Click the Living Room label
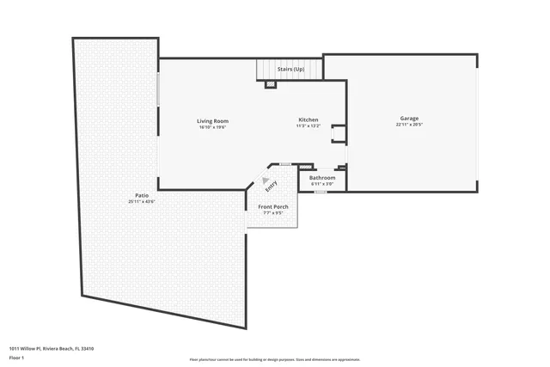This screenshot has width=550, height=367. pyautogui.click(x=213, y=120)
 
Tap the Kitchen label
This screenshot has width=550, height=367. pyautogui.click(x=309, y=119)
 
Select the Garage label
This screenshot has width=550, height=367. pyautogui.click(x=409, y=118)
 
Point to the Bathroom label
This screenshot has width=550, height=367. pyautogui.click(x=322, y=177)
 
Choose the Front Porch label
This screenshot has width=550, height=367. pyautogui.click(x=272, y=207)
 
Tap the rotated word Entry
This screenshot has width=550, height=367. pyautogui.click(x=272, y=186)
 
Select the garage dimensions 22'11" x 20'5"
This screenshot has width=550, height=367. pyautogui.click(x=409, y=125)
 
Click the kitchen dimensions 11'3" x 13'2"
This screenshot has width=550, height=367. pyautogui.click(x=309, y=125)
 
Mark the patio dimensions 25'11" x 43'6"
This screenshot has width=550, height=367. pyautogui.click(x=142, y=202)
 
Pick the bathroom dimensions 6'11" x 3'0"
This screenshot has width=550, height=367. pyautogui.click(x=322, y=183)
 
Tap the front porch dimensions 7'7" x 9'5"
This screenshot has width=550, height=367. pyautogui.click(x=272, y=213)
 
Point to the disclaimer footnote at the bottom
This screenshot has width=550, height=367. pyautogui.click(x=275, y=360)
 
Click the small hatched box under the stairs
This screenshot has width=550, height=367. pyautogui.click(x=270, y=84)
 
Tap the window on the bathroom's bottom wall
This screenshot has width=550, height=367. pyautogui.click(x=320, y=192)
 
